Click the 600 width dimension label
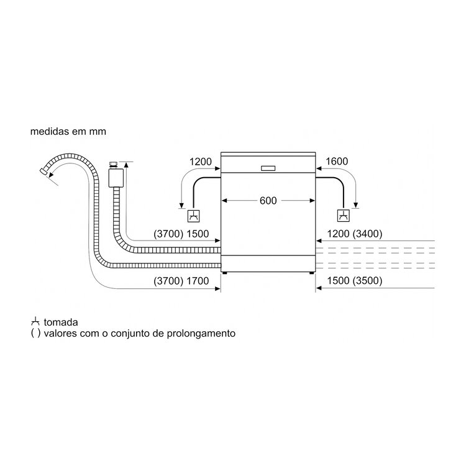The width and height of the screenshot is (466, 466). (x=268, y=201)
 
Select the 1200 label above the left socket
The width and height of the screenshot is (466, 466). (x=201, y=162)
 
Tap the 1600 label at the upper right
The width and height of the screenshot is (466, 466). (x=337, y=162)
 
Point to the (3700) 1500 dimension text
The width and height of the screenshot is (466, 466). (x=181, y=234)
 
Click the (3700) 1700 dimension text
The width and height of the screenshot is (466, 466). (x=181, y=281)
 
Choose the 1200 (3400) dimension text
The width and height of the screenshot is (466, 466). (x=355, y=234)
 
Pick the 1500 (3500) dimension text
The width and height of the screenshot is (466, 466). (x=355, y=281)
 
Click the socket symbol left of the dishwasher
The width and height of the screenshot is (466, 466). (x=193, y=216)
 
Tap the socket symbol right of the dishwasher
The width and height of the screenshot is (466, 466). (x=344, y=216)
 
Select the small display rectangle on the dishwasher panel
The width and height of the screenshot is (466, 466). (x=268, y=168)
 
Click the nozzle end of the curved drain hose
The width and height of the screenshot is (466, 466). (x=43, y=171)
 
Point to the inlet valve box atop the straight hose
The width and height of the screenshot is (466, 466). (x=116, y=178)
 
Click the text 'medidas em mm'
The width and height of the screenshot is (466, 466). (x=68, y=131)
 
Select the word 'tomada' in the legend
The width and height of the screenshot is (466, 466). (x=61, y=322)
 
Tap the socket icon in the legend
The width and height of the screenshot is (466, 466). (x=35, y=322)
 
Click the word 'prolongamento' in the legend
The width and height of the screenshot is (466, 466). (x=201, y=334)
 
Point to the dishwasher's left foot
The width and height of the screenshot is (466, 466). (x=225, y=273)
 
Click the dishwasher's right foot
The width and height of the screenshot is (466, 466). (x=311, y=273)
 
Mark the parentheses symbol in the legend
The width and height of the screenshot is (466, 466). (x=35, y=334)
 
